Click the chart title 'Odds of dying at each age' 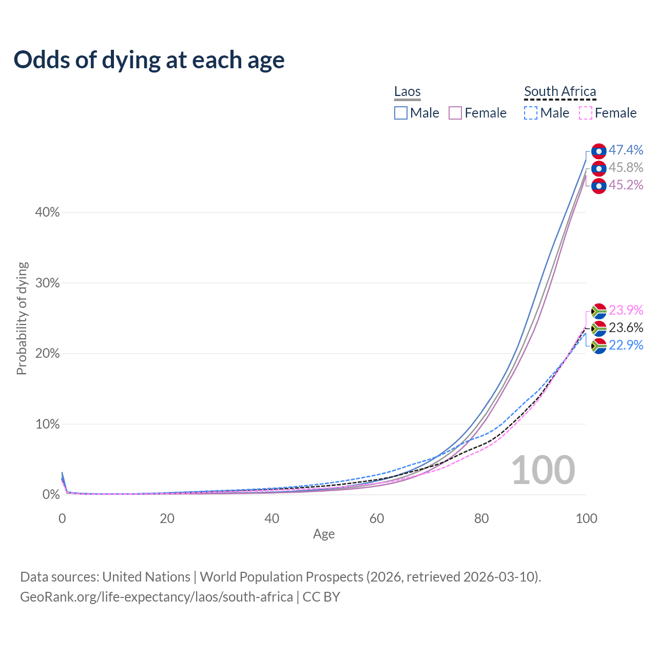(149, 60)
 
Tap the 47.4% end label (626, 150)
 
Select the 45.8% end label (626, 167)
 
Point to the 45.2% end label (626, 185)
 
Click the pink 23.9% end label (626, 310)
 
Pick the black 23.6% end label (626, 327)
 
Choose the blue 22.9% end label (626, 345)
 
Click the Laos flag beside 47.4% (598, 151)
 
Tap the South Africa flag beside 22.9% (598, 346)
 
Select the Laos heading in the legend (407, 91)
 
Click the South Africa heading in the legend (560, 91)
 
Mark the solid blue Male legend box (401, 113)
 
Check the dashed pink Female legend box (586, 113)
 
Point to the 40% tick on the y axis (47, 212)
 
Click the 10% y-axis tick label (47, 424)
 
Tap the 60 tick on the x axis (377, 518)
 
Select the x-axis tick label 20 (167, 518)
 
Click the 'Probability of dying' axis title (22, 318)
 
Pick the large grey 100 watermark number (543, 470)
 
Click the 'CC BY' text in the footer (321, 597)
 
